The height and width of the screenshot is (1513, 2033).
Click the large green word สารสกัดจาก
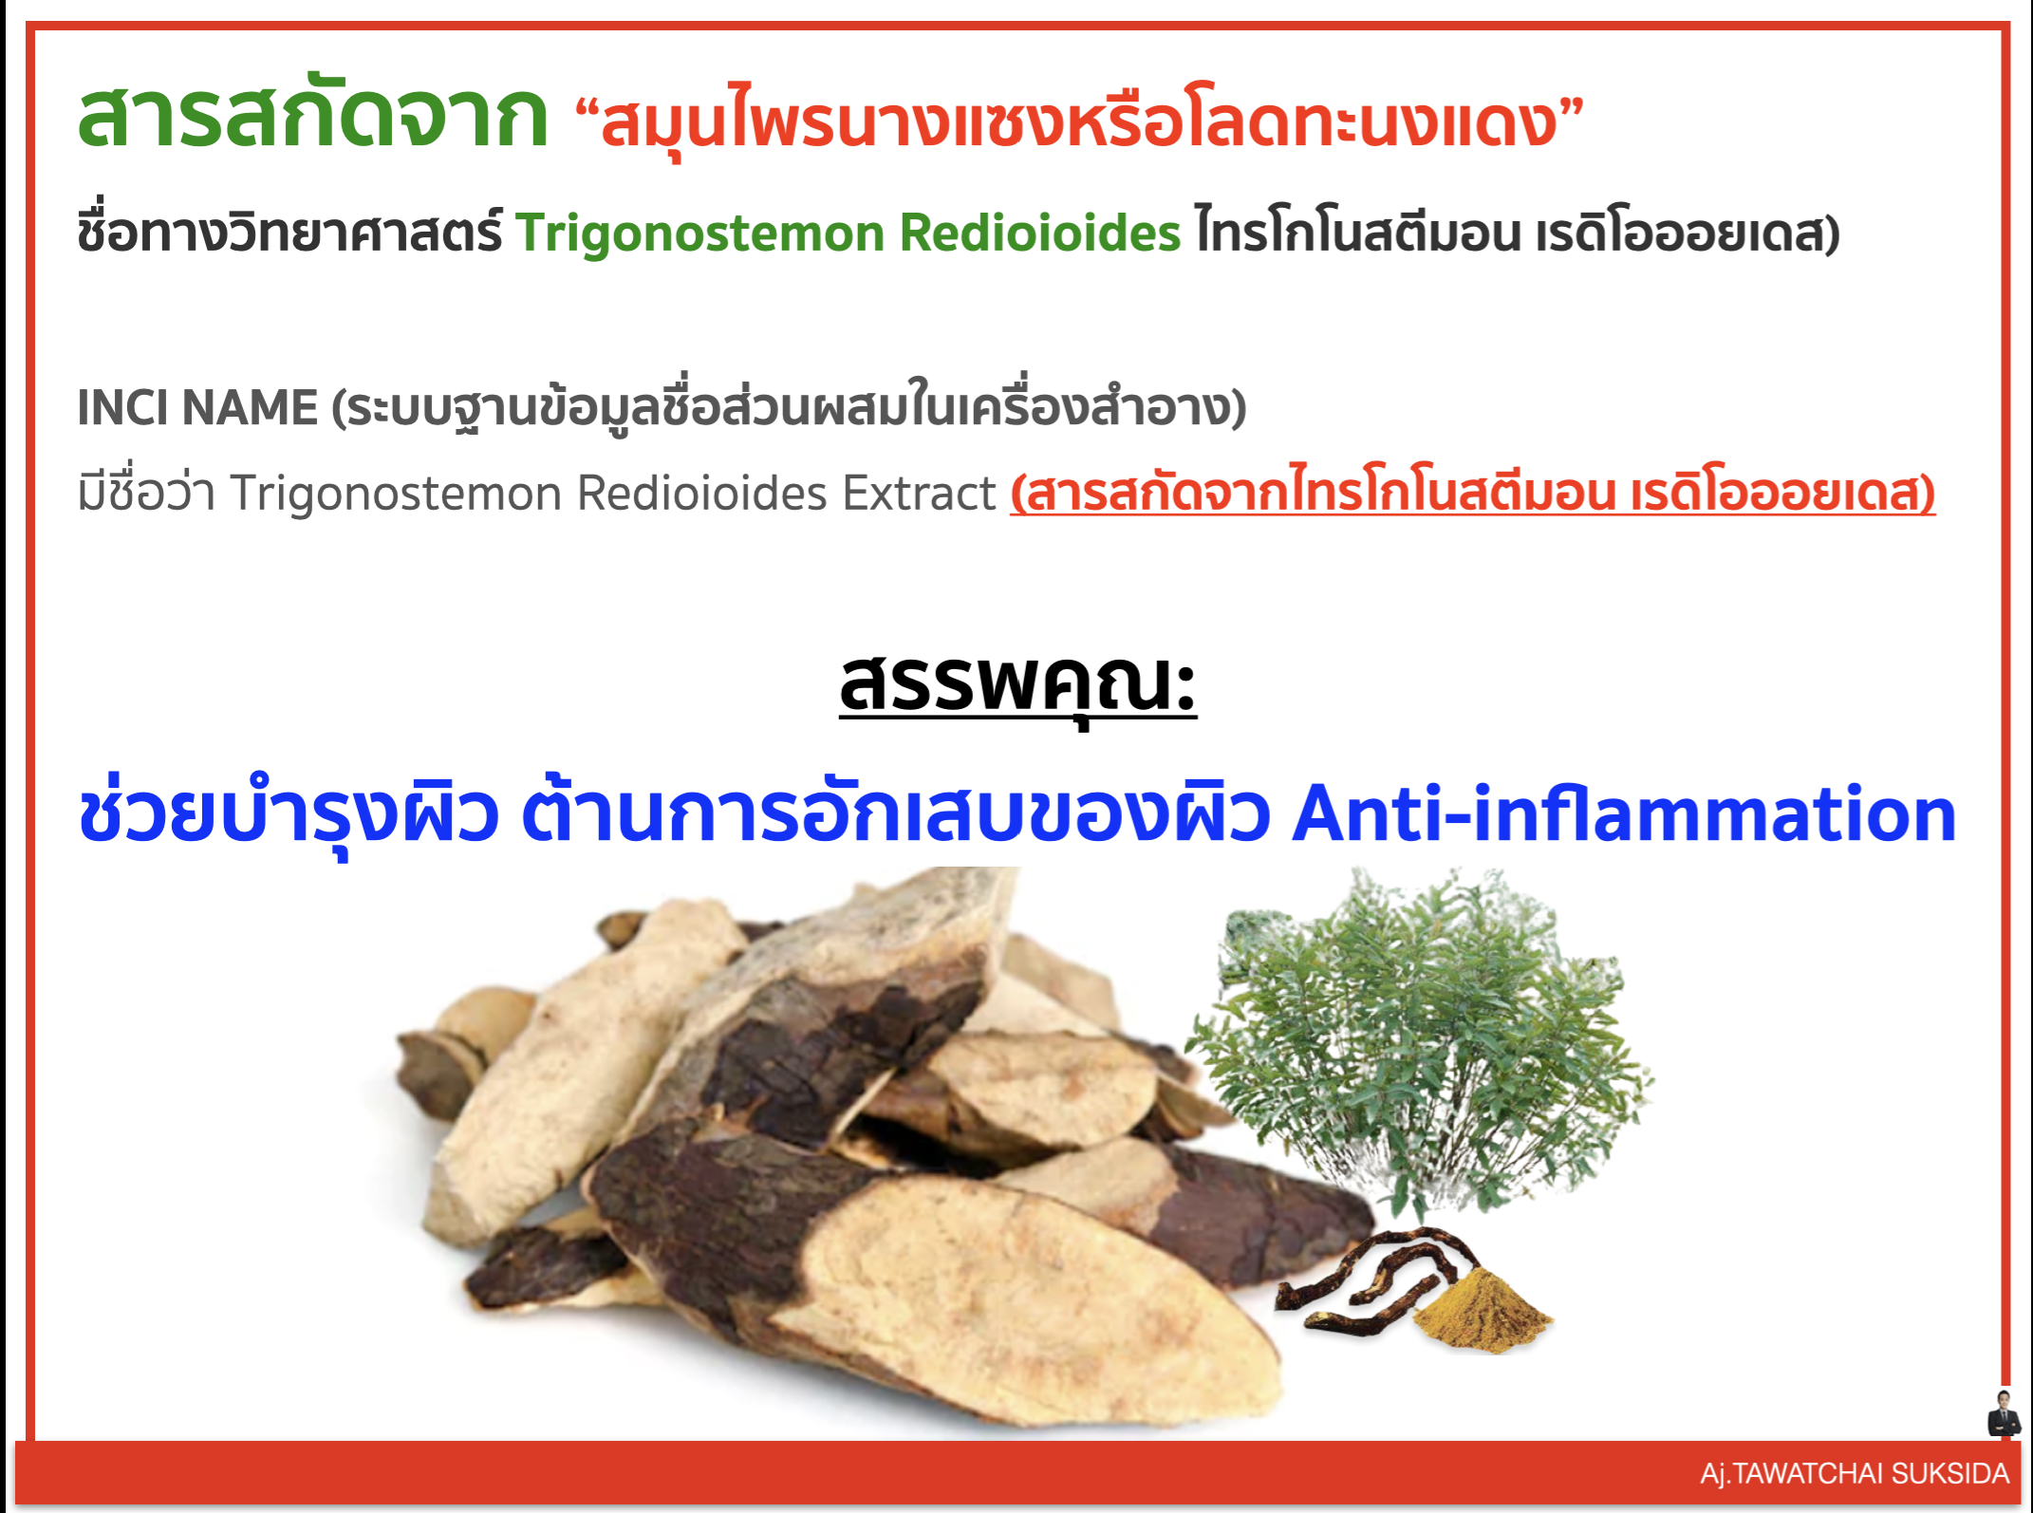tap(312, 115)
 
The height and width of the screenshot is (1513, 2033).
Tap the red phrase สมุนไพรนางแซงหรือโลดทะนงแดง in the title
tap(1079, 121)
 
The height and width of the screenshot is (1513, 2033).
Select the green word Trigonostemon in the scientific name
tap(700, 233)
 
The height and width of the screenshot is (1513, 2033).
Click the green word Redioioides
tap(1040, 233)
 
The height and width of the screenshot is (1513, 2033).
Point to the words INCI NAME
tap(197, 407)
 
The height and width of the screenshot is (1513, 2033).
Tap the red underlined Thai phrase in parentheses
tap(1472, 493)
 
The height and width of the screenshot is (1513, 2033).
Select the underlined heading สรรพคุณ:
tap(1017, 685)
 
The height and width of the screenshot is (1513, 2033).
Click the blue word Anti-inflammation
tap(1624, 814)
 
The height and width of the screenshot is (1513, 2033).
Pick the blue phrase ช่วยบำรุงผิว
tap(289, 814)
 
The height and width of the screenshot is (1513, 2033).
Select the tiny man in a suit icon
tap(2004, 1414)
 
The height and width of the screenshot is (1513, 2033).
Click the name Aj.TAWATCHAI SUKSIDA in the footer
tap(1855, 1473)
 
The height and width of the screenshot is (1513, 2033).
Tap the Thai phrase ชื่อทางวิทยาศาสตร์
tap(290, 231)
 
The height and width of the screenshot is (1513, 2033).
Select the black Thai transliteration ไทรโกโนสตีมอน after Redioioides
tap(1358, 231)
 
